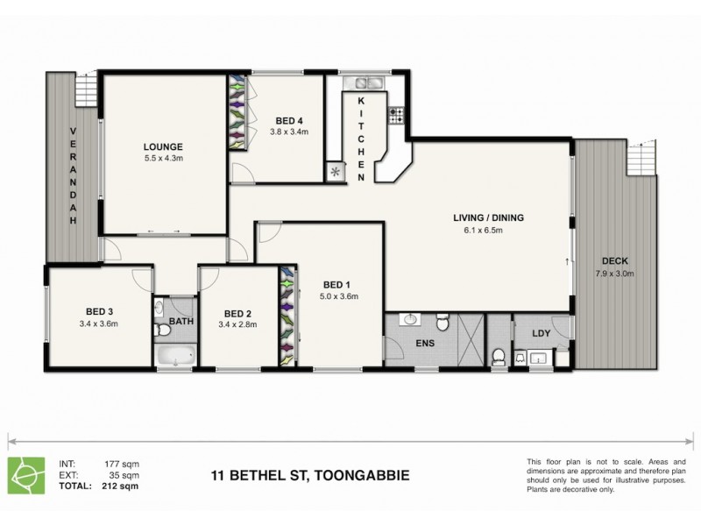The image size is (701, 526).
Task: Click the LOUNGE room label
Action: pyautogui.click(x=164, y=146)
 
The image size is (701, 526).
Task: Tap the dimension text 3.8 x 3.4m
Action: pyautogui.click(x=289, y=132)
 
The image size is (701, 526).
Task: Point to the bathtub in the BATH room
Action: pyautogui.click(x=173, y=356)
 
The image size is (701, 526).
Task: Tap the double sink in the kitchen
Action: pyautogui.click(x=365, y=84)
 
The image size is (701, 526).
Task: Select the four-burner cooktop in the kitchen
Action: pyautogui.click(x=396, y=112)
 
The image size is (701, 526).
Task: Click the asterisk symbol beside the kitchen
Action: pyautogui.click(x=334, y=172)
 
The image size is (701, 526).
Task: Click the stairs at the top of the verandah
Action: pyautogui.click(x=85, y=89)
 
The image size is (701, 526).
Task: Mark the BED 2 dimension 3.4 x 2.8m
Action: pyautogui.click(x=237, y=323)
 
